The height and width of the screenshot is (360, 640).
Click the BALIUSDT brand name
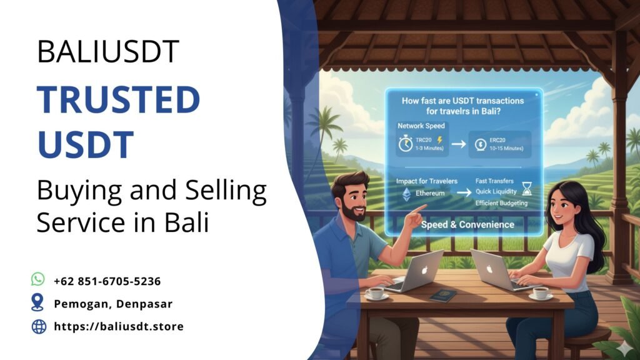(x=108, y=52)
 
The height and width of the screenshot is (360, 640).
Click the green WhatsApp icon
(x=39, y=279)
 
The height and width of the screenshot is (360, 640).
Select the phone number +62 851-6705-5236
(x=107, y=281)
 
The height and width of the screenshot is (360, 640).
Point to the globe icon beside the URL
(x=39, y=326)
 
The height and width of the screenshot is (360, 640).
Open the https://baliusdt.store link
(x=119, y=326)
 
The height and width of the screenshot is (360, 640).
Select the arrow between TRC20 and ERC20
(x=458, y=144)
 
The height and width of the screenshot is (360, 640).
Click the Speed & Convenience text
(x=467, y=224)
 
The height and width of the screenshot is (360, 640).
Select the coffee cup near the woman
(x=539, y=292)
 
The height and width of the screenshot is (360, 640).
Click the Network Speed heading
(x=421, y=126)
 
